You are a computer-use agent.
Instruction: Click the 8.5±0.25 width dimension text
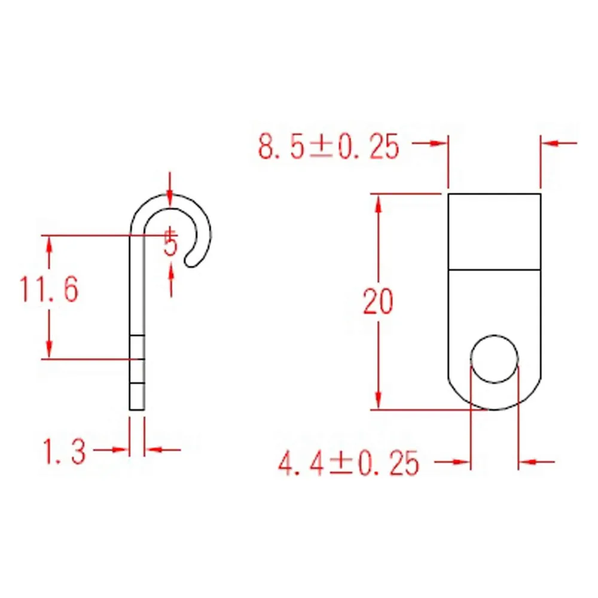click(329, 146)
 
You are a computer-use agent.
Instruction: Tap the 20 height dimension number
click(377, 301)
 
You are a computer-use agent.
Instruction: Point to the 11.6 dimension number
click(49, 289)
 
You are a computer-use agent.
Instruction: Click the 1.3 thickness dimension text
click(64, 451)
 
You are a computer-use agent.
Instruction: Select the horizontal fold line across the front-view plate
click(495, 270)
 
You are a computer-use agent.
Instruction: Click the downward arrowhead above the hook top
click(170, 201)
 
